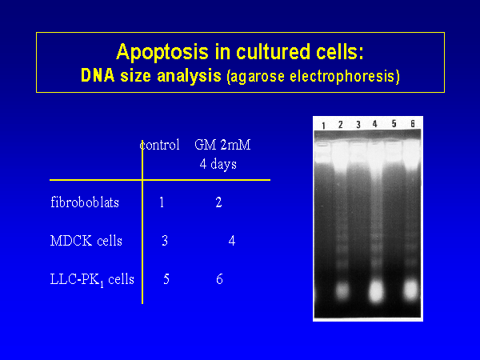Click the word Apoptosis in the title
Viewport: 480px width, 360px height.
tap(162, 52)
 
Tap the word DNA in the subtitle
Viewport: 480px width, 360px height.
tap(98, 75)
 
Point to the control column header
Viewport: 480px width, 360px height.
tap(159, 145)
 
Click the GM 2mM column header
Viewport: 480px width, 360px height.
tap(222, 145)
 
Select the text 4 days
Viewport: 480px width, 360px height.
tap(218, 164)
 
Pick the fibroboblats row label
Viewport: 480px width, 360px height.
tap(85, 202)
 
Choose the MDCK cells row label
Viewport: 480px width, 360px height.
tap(86, 241)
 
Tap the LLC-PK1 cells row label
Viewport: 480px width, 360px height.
tap(92, 279)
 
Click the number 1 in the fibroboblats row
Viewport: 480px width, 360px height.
tap(162, 202)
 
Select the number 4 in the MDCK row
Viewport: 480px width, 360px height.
tap(232, 241)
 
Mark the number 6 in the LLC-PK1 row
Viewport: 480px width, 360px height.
tap(219, 279)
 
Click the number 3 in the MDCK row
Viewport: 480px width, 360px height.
tap(165, 241)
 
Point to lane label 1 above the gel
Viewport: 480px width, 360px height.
tap(323, 126)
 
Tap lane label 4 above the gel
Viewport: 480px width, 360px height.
tap(374, 124)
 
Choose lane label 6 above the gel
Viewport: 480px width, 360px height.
tap(413, 124)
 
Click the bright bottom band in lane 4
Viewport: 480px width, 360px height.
tap(376, 291)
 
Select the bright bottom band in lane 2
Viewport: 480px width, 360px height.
tap(342, 291)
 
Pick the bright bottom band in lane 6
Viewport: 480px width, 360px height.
tap(411, 290)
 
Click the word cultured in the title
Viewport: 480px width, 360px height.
tap(273, 52)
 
